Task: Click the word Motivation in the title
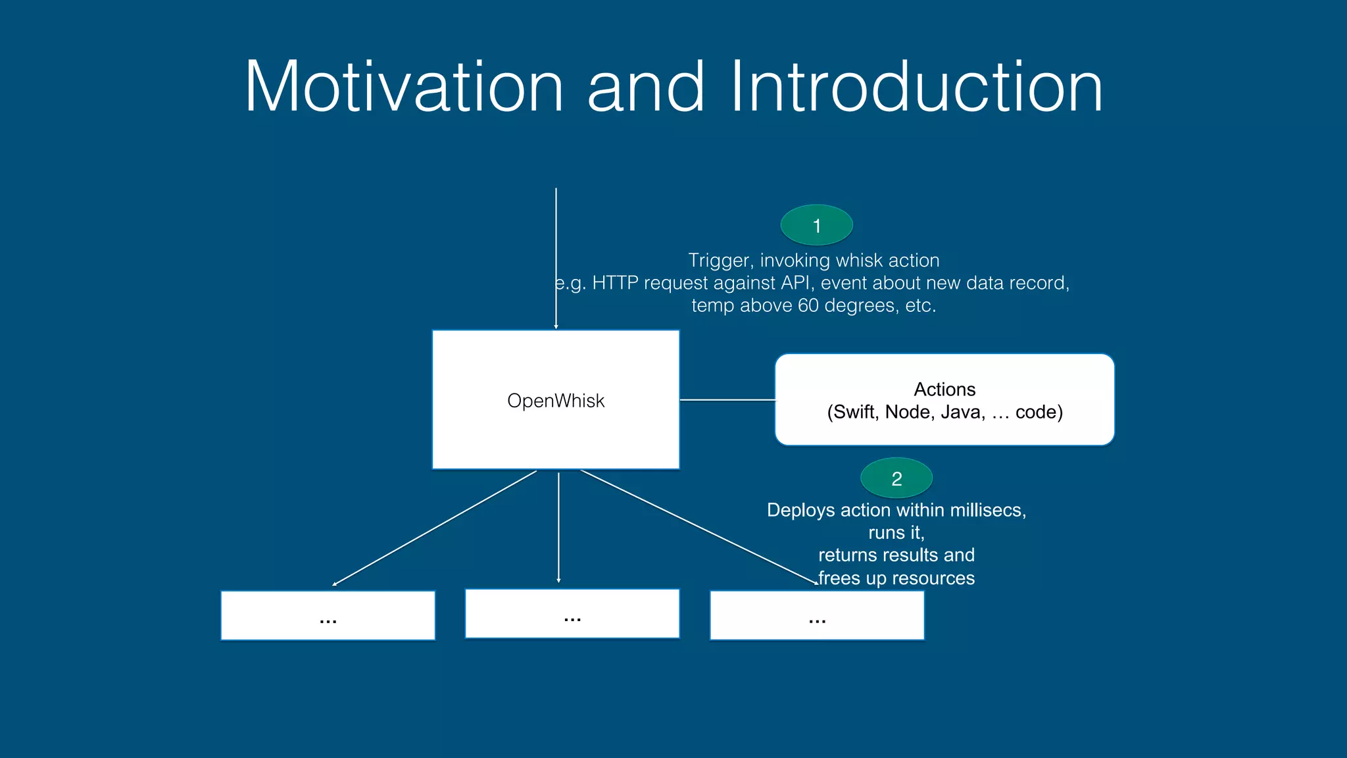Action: tap(404, 87)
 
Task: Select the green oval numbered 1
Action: tap(816, 226)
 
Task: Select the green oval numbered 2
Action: tap(896, 478)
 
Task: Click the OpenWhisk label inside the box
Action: tap(556, 401)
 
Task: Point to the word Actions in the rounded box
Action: tap(944, 390)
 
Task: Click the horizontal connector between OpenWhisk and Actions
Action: tap(727, 399)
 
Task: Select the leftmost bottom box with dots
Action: tap(328, 615)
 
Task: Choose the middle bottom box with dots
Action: tap(572, 613)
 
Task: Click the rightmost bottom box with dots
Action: tap(817, 615)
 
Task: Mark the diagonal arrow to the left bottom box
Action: tap(434, 528)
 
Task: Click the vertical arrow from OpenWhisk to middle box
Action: tap(558, 526)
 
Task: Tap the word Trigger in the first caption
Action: tap(719, 261)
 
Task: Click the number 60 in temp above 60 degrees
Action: tap(808, 306)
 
